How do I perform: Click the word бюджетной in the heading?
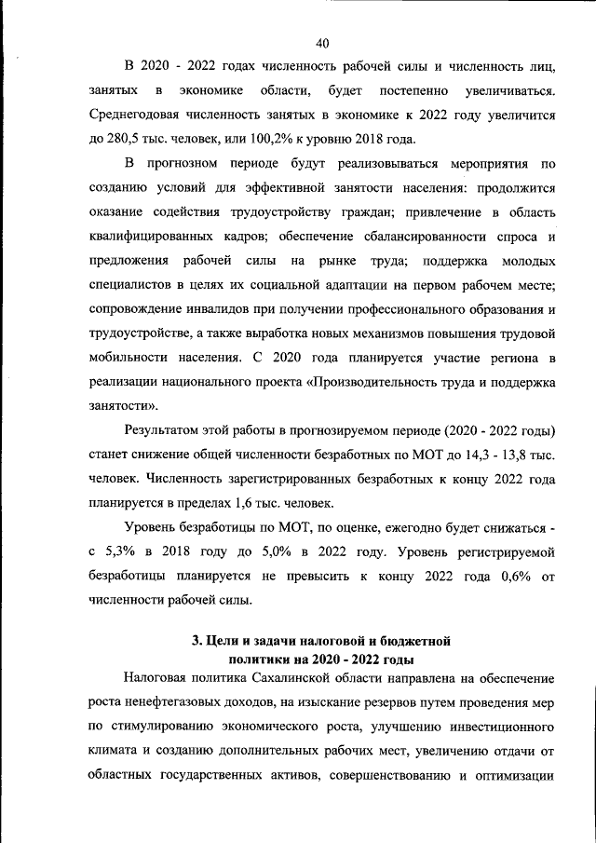click(414, 641)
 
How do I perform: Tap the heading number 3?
click(196, 641)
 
